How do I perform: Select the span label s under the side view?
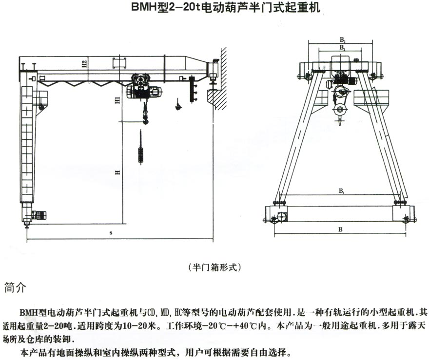(x=111, y=233)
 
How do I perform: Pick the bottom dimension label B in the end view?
(x=341, y=227)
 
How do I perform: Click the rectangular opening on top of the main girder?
(x=119, y=63)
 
